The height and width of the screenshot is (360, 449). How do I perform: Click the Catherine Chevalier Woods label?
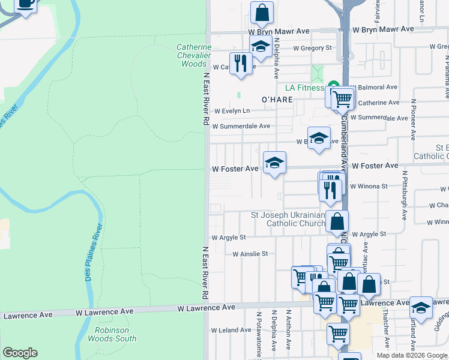point(194,55)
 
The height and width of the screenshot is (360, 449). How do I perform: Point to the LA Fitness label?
point(305,88)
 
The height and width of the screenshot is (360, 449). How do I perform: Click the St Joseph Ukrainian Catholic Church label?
point(288,219)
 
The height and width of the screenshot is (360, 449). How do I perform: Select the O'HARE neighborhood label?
point(277,99)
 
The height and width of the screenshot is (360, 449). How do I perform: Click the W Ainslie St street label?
point(250,254)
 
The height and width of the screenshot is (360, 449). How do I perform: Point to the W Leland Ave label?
point(231,330)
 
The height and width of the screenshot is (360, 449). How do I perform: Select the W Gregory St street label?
point(312,48)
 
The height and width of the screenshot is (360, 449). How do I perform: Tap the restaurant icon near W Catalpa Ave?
point(241,64)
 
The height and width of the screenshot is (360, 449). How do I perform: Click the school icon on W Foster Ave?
point(274,163)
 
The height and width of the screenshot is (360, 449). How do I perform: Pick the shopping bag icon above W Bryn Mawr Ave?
point(262,12)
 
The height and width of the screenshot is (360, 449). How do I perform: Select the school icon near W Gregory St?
point(261,46)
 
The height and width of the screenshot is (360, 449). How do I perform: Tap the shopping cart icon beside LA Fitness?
point(342,98)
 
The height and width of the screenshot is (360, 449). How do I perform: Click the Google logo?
point(20,353)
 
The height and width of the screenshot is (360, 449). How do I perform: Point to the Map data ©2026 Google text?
point(411,355)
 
